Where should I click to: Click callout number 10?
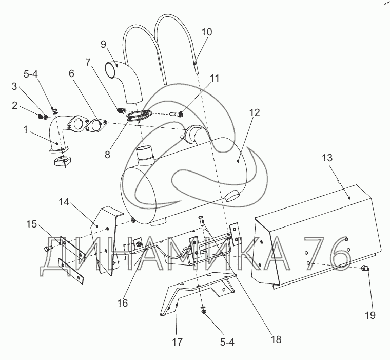pos(206,32)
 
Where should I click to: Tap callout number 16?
pos(122,302)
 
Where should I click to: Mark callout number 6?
pos(71,74)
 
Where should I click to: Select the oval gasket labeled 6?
pos(96,124)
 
